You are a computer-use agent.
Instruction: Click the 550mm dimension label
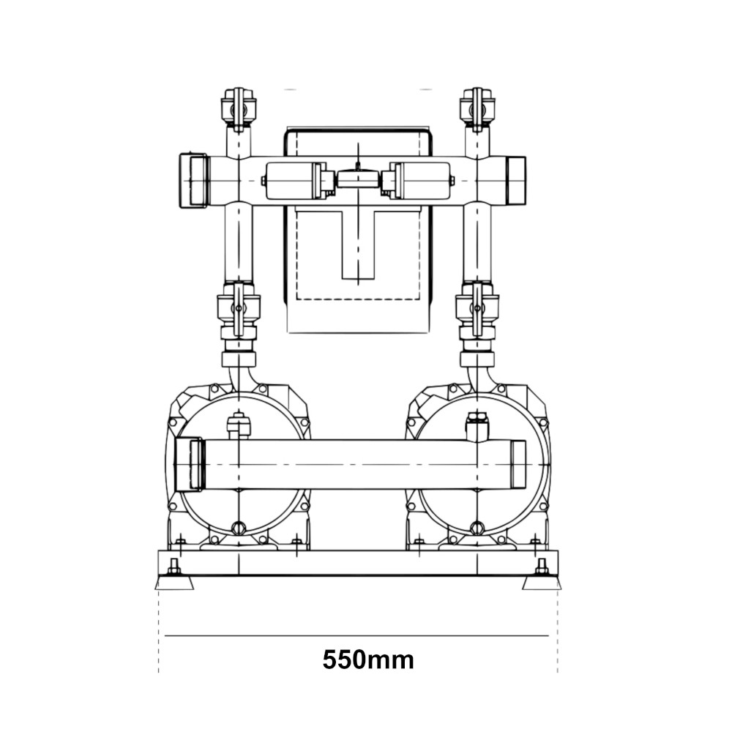pos(368,660)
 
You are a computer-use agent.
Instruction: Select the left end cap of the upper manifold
pos(193,180)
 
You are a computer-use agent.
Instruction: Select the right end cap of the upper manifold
pos(516,180)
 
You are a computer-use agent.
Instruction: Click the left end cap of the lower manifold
pos(189,464)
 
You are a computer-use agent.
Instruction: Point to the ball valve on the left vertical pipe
pos(239,310)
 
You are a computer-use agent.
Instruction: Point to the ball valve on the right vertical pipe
pos(477,310)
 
